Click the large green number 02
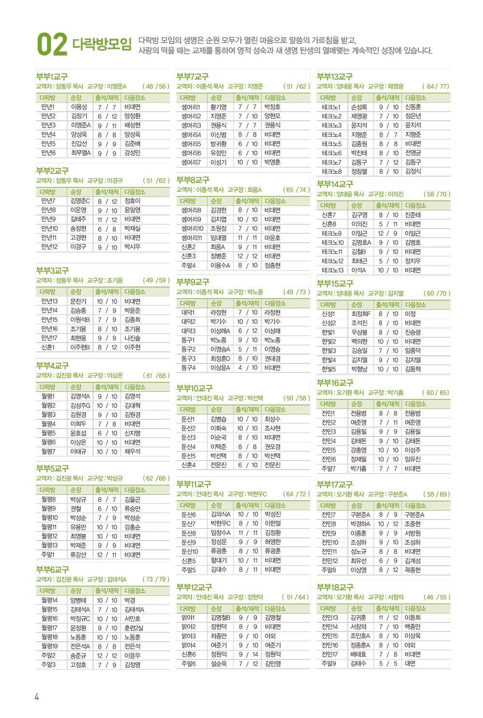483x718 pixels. click(52, 44)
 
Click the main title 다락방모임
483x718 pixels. click(102, 44)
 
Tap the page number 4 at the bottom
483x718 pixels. click(37, 696)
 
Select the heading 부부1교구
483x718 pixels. click(52, 76)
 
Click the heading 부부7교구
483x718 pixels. click(192, 76)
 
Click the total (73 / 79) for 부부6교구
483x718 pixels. click(156, 579)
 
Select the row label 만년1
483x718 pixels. click(48, 107)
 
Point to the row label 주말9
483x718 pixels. click(328, 663)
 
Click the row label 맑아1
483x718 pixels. click(188, 617)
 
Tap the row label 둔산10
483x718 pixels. click(189, 551)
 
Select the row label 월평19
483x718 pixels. click(49, 646)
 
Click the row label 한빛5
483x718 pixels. click(328, 369)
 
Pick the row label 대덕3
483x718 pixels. click(188, 331)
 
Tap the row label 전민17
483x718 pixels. click(329, 654)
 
